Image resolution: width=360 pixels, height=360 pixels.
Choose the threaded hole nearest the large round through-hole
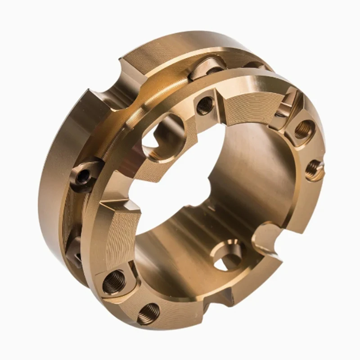pos(205,105)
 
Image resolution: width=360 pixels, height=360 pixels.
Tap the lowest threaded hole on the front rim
pos(148,312)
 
